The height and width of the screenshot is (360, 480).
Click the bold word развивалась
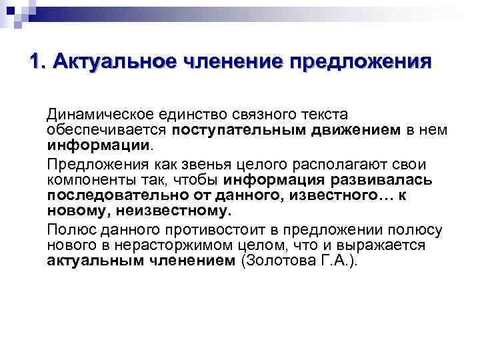(x=381, y=179)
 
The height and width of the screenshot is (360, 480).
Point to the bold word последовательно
(x=109, y=195)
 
